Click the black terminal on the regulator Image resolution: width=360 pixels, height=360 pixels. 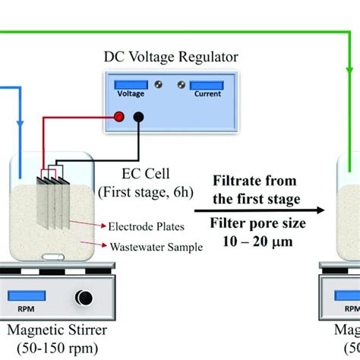(139, 116)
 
